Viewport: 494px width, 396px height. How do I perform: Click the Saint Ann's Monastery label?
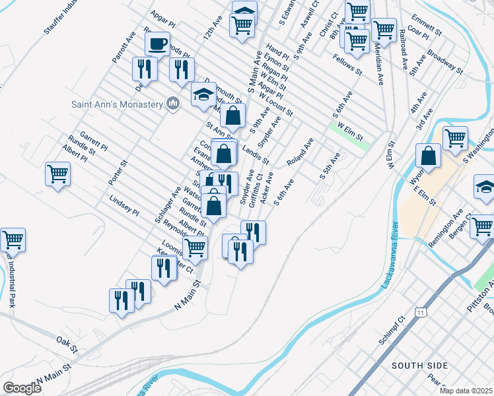(x=117, y=104)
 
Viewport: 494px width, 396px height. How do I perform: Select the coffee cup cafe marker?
(x=157, y=45)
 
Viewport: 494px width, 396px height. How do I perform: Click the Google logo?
(x=22, y=388)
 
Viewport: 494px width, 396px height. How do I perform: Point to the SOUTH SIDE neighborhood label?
(x=419, y=365)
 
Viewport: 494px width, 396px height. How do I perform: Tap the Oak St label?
(x=67, y=344)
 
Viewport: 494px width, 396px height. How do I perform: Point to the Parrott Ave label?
(x=123, y=47)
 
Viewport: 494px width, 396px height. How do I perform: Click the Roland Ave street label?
(x=299, y=152)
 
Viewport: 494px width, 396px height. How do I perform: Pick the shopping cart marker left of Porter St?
(x=58, y=174)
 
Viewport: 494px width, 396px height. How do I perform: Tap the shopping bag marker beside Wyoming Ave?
(x=429, y=157)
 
